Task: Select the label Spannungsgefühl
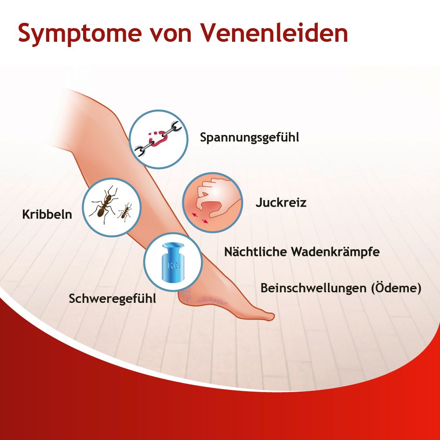[x=249, y=138]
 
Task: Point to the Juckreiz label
[x=280, y=203]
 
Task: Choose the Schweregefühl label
[x=113, y=299]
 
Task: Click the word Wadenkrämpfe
[x=342, y=252]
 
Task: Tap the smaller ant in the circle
[x=125, y=212]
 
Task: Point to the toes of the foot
[x=266, y=316]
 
